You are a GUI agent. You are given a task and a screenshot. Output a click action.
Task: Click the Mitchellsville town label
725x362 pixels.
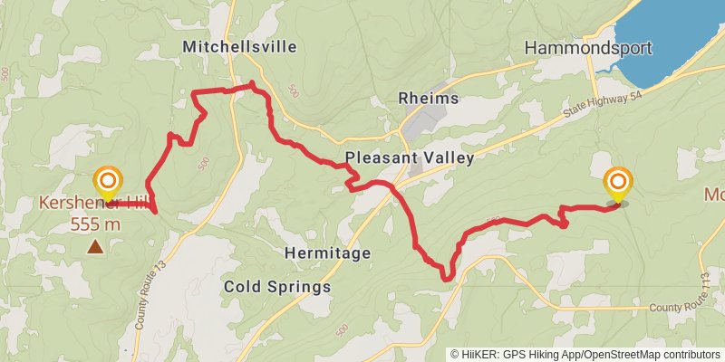pos(239,46)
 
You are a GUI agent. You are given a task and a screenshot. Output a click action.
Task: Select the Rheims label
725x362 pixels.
pos(429,99)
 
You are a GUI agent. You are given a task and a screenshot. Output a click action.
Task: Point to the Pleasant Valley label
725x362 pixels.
pos(410,158)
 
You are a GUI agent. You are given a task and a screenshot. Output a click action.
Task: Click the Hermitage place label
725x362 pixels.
pos(327,253)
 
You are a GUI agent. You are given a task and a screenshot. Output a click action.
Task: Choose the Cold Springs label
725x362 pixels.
pos(277,287)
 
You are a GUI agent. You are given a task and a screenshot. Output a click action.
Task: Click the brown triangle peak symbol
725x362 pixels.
pos(95,246)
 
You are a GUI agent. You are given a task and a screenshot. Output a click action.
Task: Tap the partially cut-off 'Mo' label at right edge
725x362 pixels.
pos(714,195)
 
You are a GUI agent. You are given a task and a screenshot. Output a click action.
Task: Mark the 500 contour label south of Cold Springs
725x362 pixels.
pos(342,332)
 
